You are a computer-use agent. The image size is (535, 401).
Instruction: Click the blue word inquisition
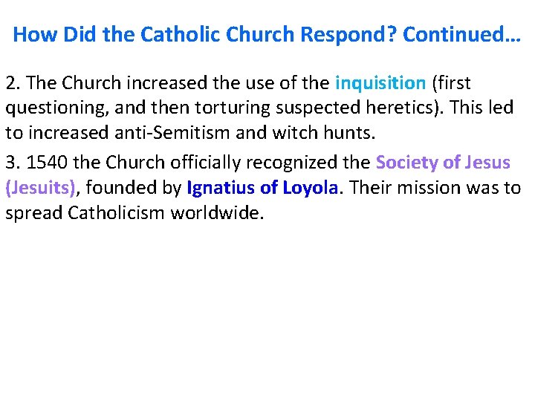click(380, 82)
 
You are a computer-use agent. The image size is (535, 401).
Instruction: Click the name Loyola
click(310, 188)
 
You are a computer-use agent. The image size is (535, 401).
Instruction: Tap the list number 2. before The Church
click(12, 82)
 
